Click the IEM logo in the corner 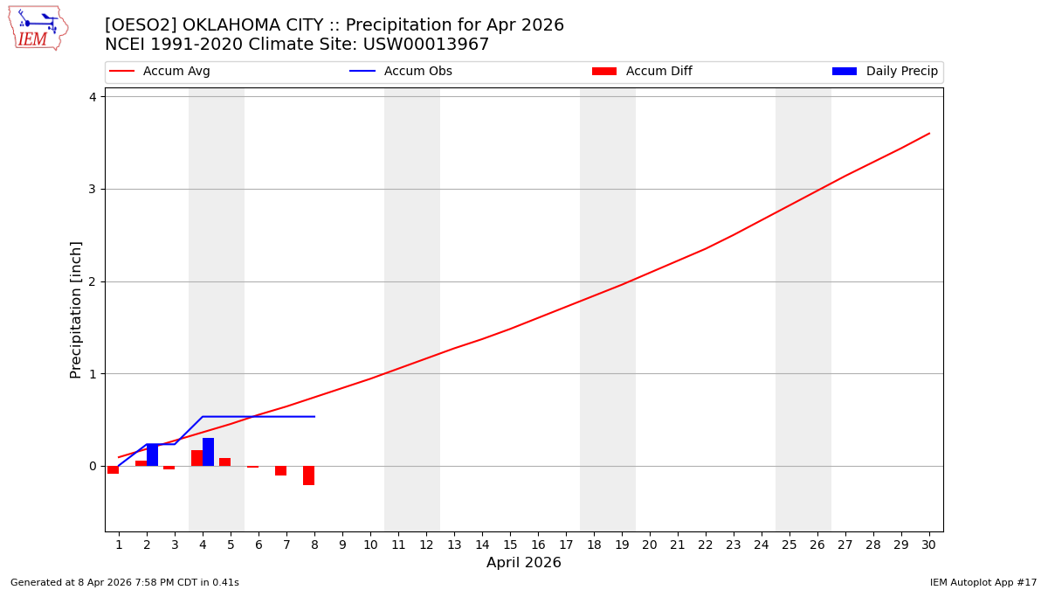(38, 28)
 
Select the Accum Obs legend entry (402, 72)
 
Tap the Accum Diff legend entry (643, 72)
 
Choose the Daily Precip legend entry (886, 72)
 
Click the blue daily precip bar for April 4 (208, 452)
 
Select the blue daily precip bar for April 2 (152, 455)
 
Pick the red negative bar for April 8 (308, 475)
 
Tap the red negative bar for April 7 (280, 470)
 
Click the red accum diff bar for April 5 (224, 462)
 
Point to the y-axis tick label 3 (92, 190)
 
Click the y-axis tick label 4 (92, 97)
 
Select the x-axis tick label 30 (928, 545)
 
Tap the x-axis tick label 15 (510, 545)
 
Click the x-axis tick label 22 (705, 545)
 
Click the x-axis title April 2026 (523, 563)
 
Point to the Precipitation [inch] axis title (76, 309)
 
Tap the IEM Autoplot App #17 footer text (983, 582)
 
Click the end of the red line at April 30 (928, 134)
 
